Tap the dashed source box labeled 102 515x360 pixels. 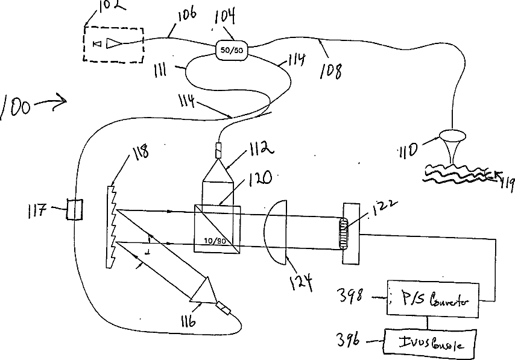(x=114, y=43)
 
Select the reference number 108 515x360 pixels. (x=331, y=71)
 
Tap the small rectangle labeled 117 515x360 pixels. (x=75, y=210)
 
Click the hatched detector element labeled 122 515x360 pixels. (x=344, y=232)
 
